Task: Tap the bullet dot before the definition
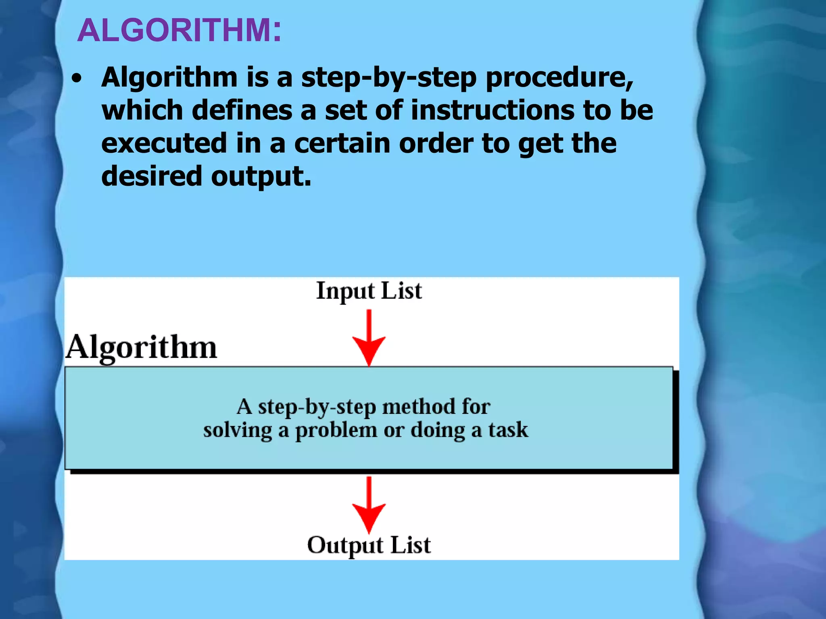pos(76,79)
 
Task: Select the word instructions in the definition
pos(492,110)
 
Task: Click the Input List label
pos(369,291)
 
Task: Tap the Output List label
pos(369,545)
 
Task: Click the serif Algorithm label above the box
pos(141,347)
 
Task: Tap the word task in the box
pos(508,430)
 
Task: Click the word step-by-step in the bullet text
pos(389,77)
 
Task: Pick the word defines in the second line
pos(242,110)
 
